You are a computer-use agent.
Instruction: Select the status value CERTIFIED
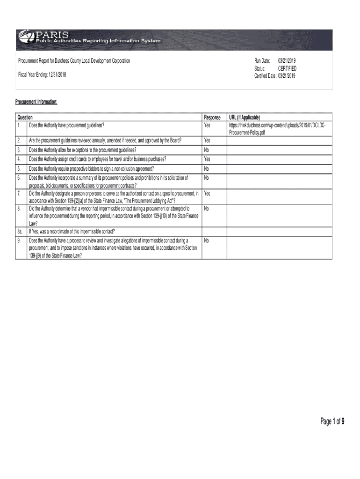point(287,68)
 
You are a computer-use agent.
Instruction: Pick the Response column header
point(212,117)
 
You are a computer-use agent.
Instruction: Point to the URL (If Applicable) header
point(244,117)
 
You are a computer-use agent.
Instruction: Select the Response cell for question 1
point(208,125)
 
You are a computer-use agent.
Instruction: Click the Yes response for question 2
point(208,140)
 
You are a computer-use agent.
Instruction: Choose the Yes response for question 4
point(208,159)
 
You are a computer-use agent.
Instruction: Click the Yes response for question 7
point(208,193)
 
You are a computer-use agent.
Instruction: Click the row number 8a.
point(20,232)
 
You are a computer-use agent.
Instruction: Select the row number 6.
point(19,178)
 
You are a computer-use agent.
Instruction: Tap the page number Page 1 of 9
point(332,422)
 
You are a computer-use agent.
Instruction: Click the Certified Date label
point(265,75)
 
